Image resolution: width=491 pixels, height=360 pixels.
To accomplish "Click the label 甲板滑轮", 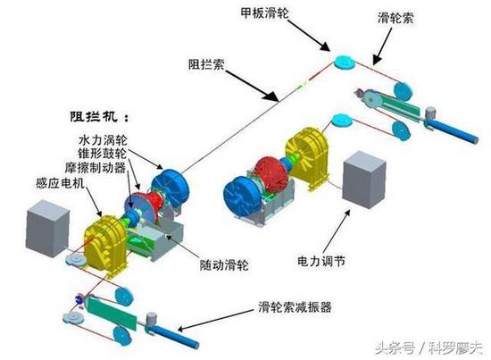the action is [265, 13].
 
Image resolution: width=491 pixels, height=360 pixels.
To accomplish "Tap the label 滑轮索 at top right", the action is [395, 18].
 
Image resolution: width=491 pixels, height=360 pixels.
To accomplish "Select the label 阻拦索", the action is [206, 64].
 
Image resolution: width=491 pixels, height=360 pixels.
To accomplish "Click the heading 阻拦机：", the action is [99, 117].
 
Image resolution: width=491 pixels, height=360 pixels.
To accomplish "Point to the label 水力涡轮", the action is [103, 140].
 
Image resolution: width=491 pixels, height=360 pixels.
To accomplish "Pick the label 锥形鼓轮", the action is [103, 154].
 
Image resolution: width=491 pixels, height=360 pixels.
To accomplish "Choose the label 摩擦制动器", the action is [96, 168].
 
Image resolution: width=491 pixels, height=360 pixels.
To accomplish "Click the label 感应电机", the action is [61, 182].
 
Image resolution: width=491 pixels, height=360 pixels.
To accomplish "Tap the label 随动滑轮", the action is [224, 265].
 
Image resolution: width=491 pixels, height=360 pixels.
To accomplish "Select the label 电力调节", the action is [321, 261].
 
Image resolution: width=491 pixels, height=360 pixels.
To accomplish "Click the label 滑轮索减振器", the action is [295, 307].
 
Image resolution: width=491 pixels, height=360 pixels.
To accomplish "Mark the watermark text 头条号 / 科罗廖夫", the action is [429, 347].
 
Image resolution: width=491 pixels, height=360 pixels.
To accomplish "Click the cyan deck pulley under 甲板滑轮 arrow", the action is [345, 62].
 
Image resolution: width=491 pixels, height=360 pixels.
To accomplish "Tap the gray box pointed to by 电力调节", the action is [364, 180].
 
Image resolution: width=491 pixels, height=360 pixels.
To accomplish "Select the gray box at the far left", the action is [47, 229].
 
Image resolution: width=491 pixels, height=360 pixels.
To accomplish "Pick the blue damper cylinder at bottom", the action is [175, 336].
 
